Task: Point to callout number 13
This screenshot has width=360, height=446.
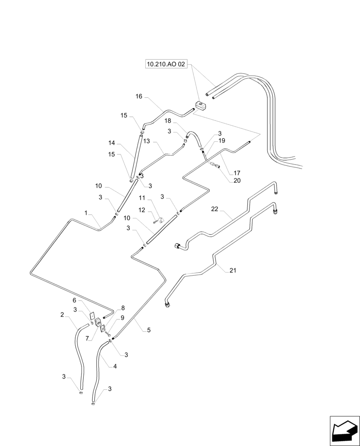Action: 147,141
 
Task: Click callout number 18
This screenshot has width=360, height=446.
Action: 168,121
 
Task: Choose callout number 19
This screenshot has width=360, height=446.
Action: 221,140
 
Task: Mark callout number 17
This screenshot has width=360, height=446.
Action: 237,173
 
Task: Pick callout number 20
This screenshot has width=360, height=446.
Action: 237,180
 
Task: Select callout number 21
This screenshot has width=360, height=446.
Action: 233,271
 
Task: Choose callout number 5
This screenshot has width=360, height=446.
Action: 149,330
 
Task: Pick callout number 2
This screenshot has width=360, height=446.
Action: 62,314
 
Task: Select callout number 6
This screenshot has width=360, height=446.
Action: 75,301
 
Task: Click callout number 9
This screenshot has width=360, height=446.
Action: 123,318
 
